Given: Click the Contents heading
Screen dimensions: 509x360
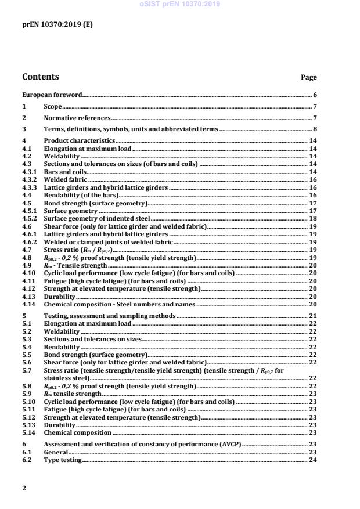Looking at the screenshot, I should click(x=40, y=77).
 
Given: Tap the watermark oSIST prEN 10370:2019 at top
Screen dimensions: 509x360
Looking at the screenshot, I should click(x=179, y=4).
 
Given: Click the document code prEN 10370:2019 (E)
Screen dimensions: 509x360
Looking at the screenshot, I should click(x=57, y=24).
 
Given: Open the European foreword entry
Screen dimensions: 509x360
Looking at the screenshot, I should click(x=52, y=95).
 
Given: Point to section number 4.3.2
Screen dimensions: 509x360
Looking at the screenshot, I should click(x=29, y=181).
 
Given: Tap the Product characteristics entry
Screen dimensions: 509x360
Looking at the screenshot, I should click(x=80, y=141).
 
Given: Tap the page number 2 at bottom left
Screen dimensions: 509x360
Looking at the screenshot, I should click(x=24, y=488).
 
